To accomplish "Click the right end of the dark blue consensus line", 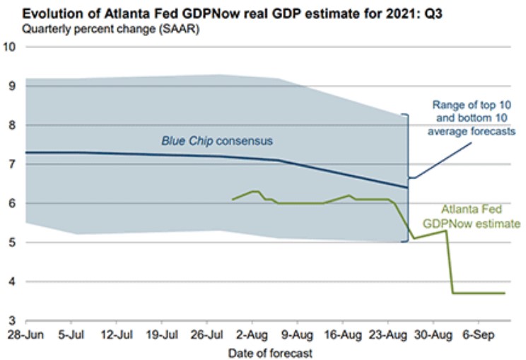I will point(407,187).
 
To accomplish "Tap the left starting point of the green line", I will point(233,199).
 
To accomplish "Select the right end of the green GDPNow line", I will point(504,293).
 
